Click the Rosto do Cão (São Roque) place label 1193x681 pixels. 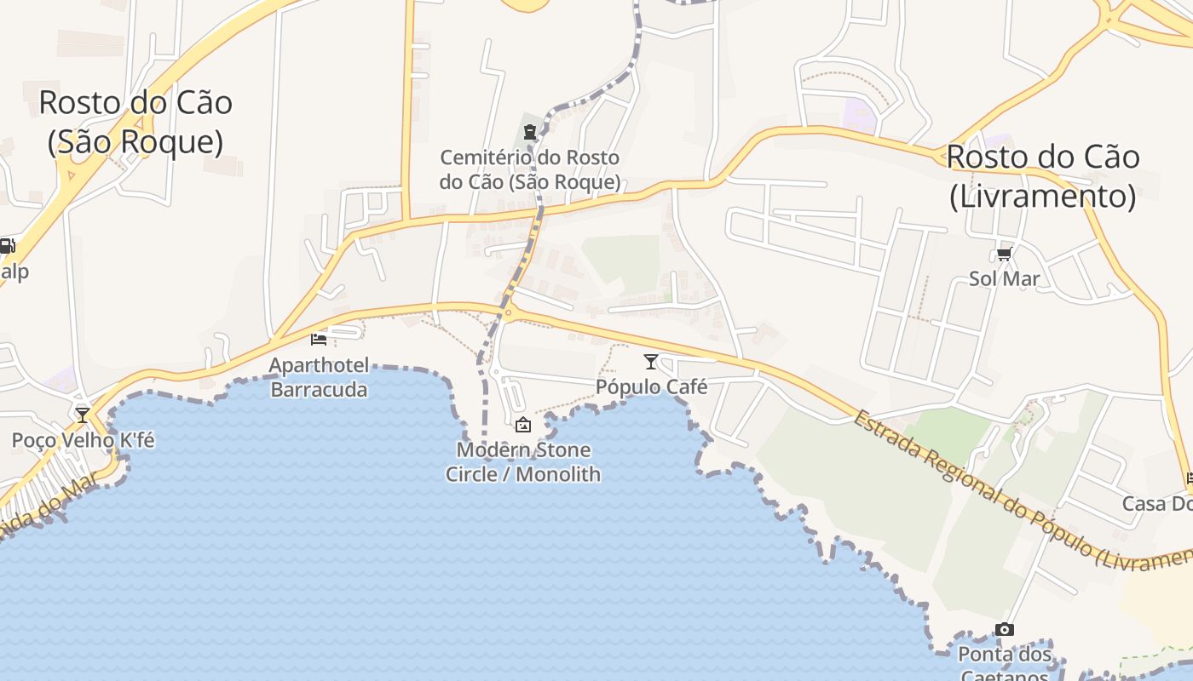click(135, 122)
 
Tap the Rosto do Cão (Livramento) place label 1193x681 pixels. click(1042, 176)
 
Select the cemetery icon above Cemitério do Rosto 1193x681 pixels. click(530, 132)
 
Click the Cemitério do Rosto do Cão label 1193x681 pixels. click(529, 169)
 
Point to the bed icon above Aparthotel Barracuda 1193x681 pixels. click(319, 339)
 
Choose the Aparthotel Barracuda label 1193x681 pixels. click(319, 378)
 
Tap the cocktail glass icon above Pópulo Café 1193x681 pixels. click(651, 362)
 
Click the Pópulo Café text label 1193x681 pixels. click(651, 386)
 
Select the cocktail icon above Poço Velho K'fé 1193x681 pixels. click(83, 415)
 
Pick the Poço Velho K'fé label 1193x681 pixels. click(83, 440)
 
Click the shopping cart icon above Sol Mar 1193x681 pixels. click(1005, 254)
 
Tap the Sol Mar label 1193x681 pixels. click(1005, 278)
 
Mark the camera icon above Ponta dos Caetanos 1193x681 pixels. click(1005, 630)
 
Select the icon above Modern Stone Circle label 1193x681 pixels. click(523, 425)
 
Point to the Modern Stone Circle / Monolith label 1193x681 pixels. click(523, 461)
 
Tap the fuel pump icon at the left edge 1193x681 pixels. click(6, 247)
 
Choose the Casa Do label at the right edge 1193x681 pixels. click(1156, 503)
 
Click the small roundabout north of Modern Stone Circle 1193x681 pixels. click(509, 312)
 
